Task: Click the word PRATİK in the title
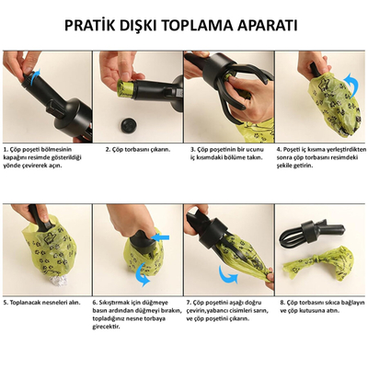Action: point(91,24)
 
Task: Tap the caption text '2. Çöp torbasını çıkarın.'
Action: point(137,148)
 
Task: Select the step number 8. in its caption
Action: point(285,301)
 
